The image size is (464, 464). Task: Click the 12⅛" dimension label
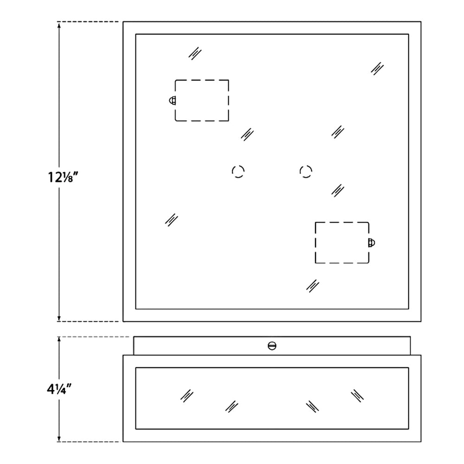63,177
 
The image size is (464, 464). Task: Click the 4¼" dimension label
59,389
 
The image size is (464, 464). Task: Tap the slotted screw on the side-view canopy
272,346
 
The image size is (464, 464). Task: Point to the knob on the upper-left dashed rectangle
172,101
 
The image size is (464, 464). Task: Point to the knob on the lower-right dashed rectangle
372,243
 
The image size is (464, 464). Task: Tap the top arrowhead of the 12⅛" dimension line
59,25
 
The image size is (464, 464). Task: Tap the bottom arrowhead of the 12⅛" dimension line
59,318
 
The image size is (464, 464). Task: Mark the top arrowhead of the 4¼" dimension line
59,340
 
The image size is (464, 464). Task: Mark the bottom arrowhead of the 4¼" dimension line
59,438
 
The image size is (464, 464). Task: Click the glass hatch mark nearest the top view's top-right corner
377,69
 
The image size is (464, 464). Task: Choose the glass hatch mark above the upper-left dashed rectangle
195,53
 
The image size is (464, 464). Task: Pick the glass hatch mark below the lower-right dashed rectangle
312,286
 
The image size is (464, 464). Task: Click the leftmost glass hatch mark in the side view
187,396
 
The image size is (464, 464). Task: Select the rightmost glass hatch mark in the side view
357,396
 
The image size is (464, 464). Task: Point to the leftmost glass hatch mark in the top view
171,220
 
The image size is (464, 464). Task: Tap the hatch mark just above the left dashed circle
247,135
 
